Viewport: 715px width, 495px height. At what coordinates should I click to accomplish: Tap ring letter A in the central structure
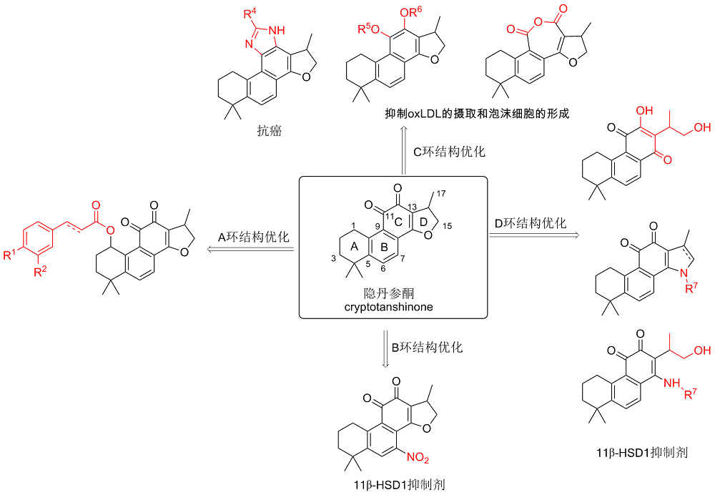point(353,245)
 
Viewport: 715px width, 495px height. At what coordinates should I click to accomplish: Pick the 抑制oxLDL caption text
point(477,114)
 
